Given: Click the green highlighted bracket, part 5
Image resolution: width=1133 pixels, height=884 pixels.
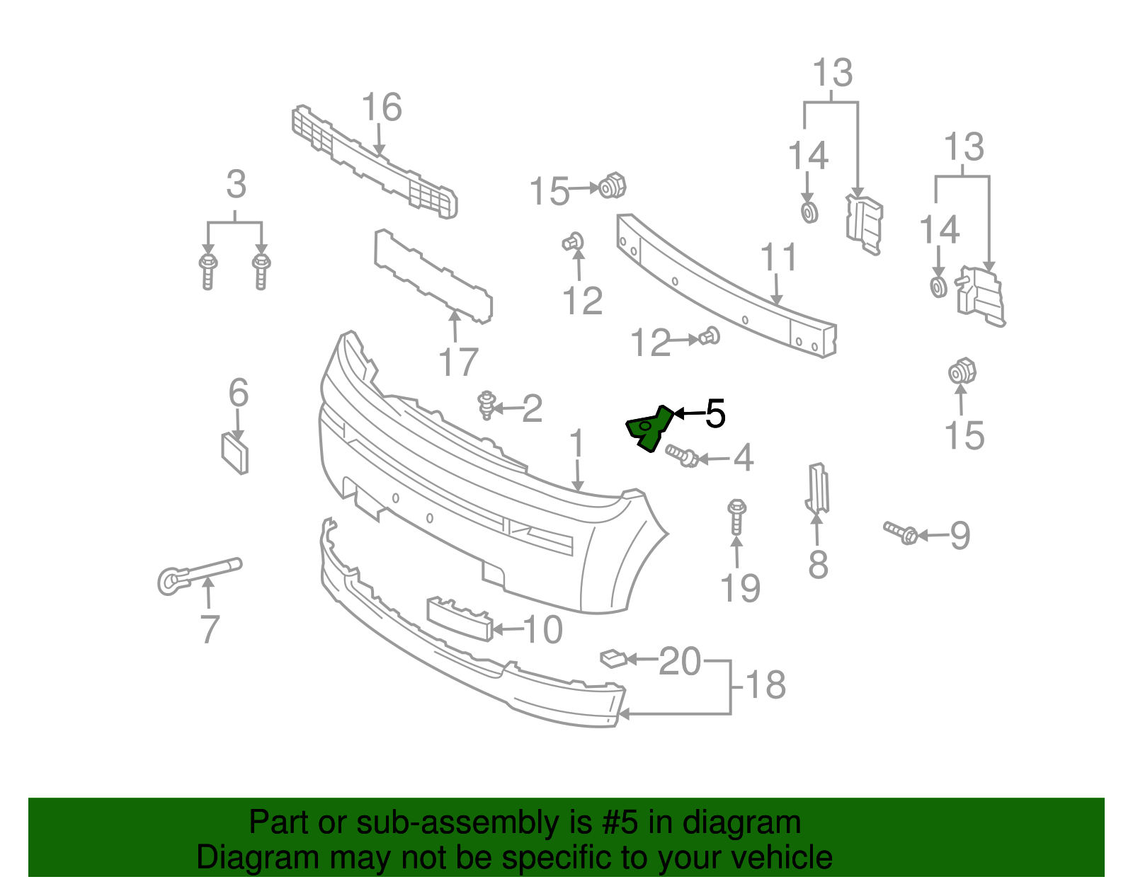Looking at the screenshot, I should click(648, 428).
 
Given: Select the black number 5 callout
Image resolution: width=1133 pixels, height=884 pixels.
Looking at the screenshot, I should click(715, 413).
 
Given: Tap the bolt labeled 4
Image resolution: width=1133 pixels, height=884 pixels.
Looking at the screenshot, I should click(682, 455).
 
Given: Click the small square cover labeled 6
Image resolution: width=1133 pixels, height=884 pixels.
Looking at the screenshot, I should click(235, 453).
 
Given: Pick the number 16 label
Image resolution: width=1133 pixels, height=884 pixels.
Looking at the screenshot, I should click(382, 108).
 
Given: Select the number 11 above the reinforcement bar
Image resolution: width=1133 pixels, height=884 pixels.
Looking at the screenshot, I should click(778, 258).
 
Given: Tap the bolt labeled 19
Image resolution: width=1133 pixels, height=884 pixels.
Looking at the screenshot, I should click(736, 516).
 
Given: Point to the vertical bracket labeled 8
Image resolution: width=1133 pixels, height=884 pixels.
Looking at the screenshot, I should click(817, 488).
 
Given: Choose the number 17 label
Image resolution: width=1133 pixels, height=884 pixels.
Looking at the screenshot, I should click(458, 363).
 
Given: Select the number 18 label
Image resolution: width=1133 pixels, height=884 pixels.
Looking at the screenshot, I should click(765, 685).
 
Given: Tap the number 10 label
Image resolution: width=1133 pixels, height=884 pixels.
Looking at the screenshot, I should click(543, 630).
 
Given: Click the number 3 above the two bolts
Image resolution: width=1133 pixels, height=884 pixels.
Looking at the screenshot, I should click(236, 185).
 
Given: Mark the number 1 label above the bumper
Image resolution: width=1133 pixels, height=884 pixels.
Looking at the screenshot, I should click(577, 444).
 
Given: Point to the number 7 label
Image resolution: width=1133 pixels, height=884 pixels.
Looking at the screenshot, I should click(210, 629).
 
